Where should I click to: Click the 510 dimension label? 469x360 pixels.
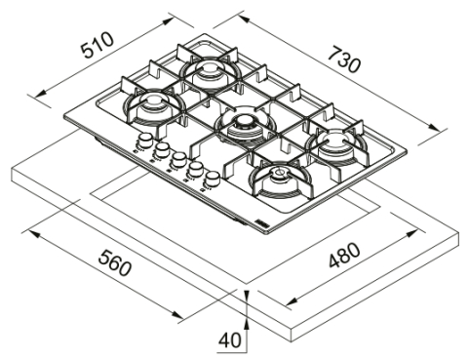96,46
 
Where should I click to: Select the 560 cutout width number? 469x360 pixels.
116,266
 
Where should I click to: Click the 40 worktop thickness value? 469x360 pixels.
228,340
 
